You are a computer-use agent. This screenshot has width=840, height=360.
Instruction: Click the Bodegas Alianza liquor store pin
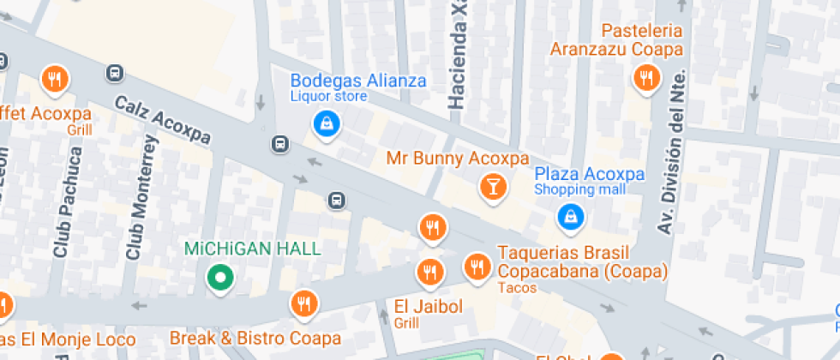327,124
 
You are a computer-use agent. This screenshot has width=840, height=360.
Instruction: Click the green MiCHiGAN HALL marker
220,278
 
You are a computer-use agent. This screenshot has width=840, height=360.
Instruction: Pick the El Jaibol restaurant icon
429,273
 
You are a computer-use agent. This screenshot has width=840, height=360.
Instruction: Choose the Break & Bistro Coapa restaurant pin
303,303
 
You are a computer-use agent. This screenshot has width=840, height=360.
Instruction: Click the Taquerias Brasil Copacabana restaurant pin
477,267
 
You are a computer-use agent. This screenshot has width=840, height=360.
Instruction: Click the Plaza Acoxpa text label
589,174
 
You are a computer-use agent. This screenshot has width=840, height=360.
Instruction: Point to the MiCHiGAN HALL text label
253,249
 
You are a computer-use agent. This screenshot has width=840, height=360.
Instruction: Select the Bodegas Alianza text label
358,81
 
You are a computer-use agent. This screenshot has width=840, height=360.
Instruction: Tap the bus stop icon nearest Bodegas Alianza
279,143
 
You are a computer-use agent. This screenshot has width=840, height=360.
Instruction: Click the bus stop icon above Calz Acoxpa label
115,74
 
